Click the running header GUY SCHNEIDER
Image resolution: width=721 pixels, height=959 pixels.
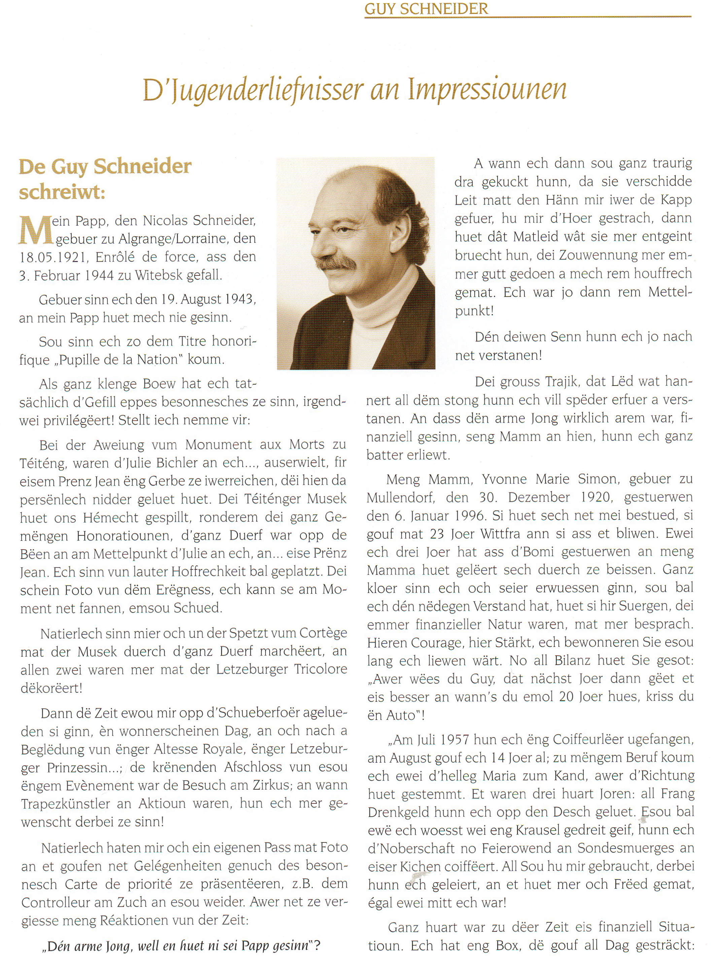tap(426, 9)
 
